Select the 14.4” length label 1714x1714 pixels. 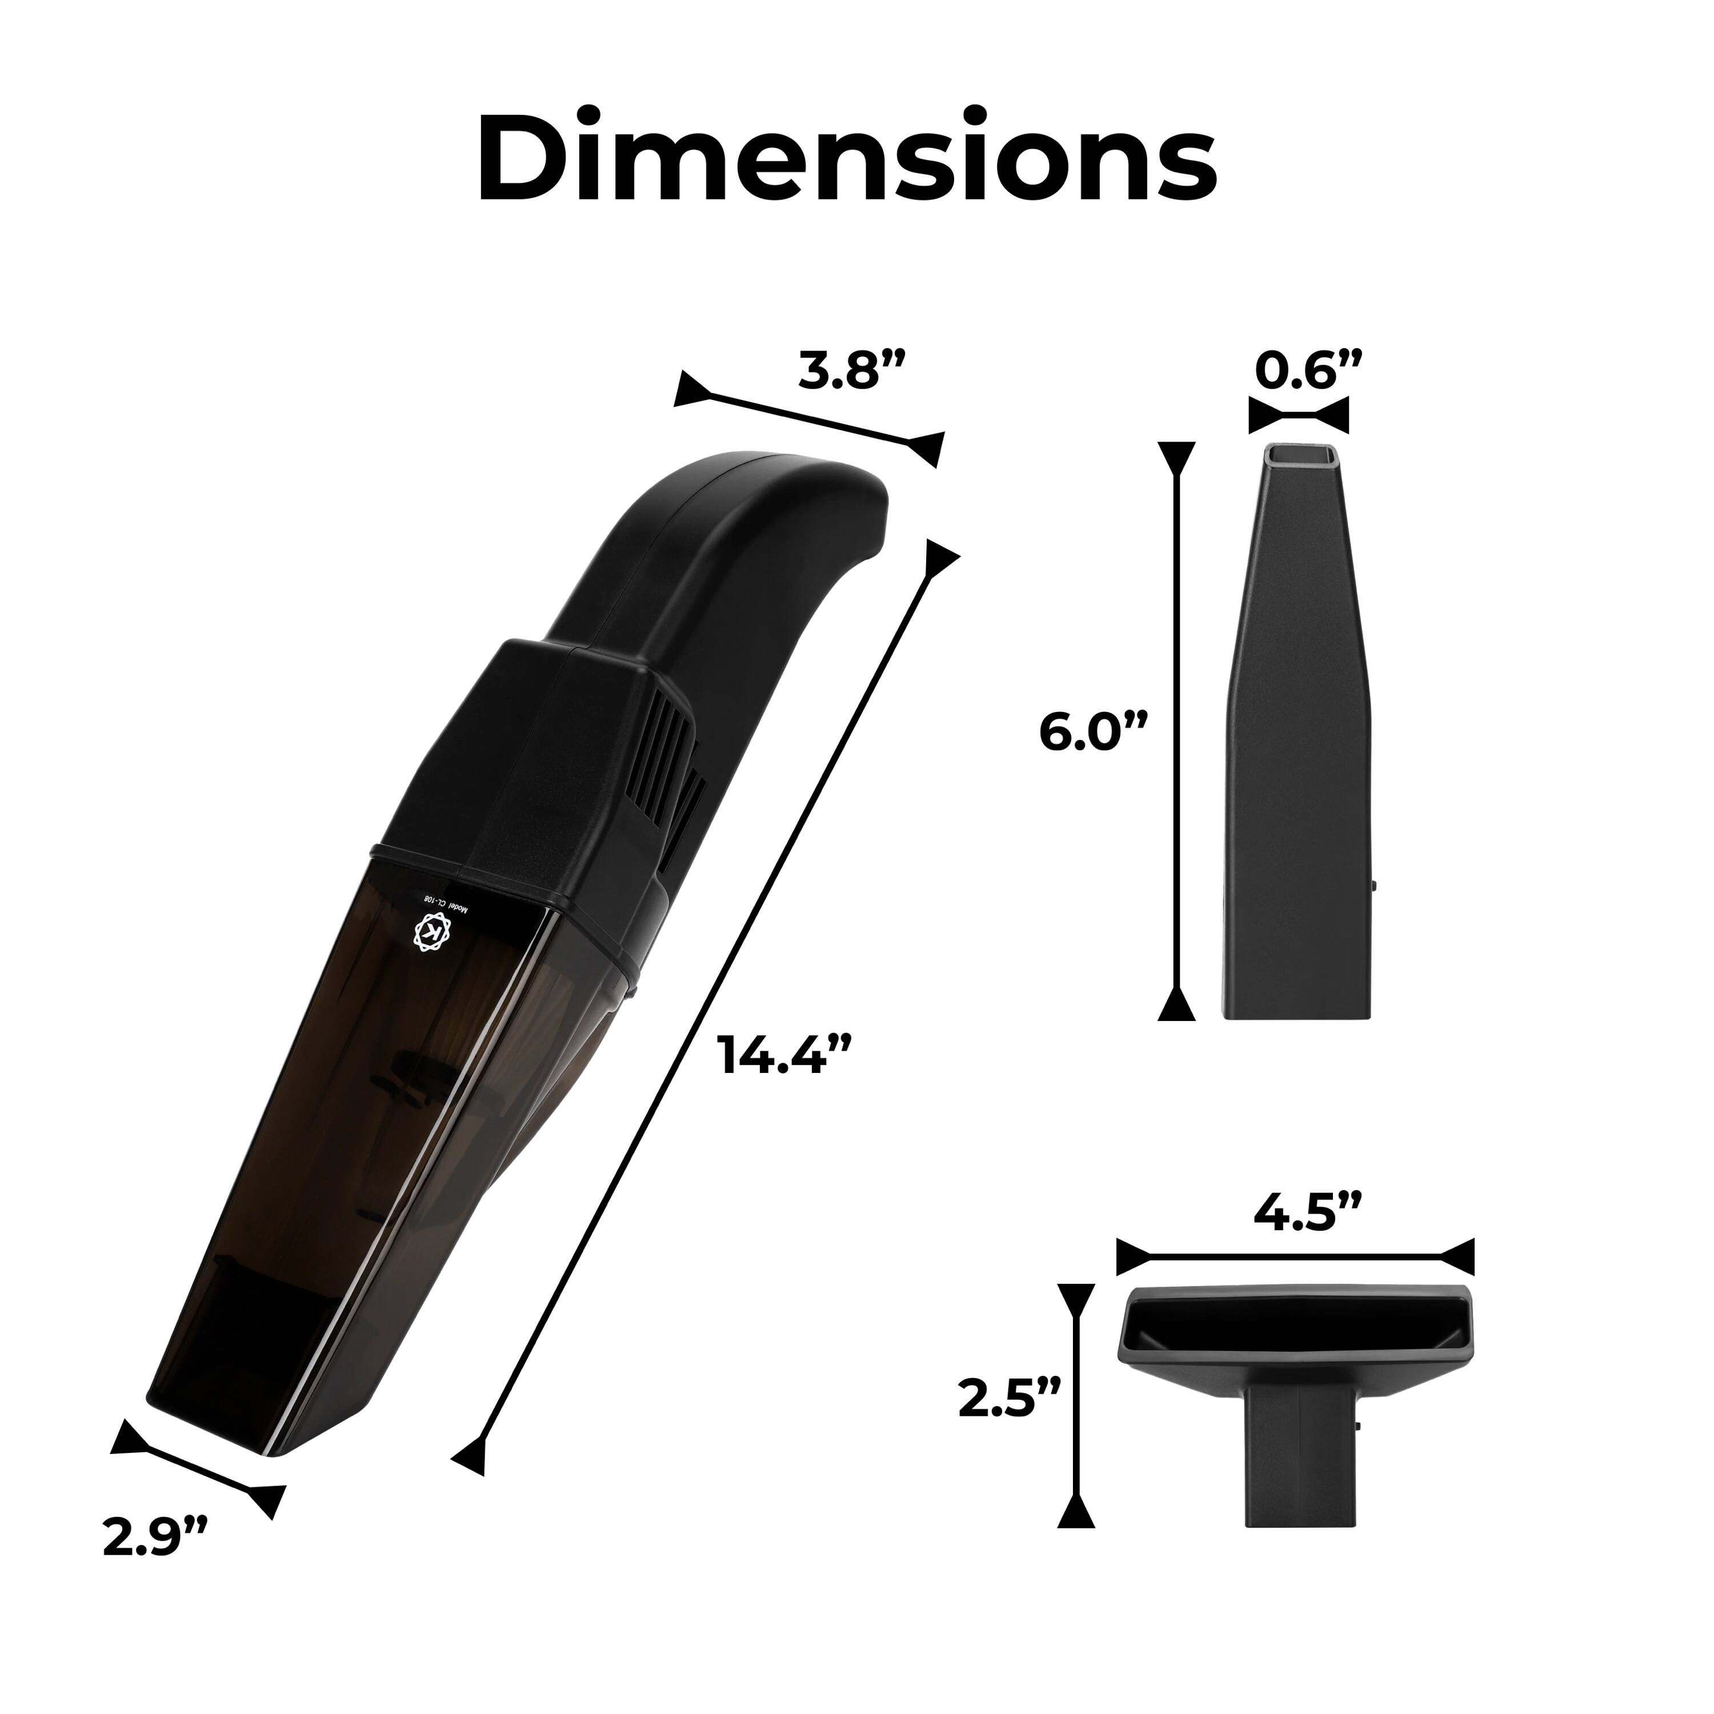click(x=786, y=1055)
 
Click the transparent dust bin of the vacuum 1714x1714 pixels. click(x=373, y=1154)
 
